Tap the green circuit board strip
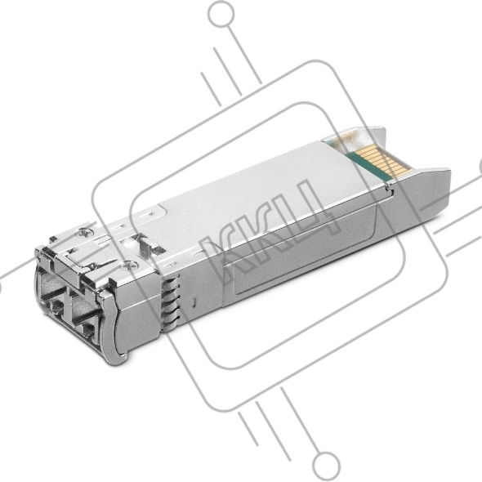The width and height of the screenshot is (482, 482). (365, 167)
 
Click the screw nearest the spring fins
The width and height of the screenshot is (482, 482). (127, 265)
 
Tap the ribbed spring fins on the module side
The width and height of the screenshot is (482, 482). (171, 305)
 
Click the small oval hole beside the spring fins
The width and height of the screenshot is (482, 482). (193, 302)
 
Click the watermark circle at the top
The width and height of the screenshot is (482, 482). (221, 14)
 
